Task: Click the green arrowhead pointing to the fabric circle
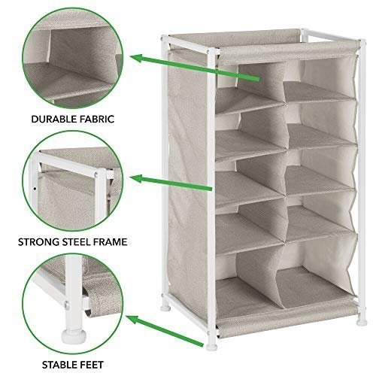[x=138, y=59]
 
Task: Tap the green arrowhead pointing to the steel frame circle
[x=138, y=179]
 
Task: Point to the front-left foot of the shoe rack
[x=211, y=347]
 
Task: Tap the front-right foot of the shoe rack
[x=362, y=322]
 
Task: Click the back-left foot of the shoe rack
[x=165, y=308]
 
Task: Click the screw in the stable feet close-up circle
[x=67, y=305]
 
